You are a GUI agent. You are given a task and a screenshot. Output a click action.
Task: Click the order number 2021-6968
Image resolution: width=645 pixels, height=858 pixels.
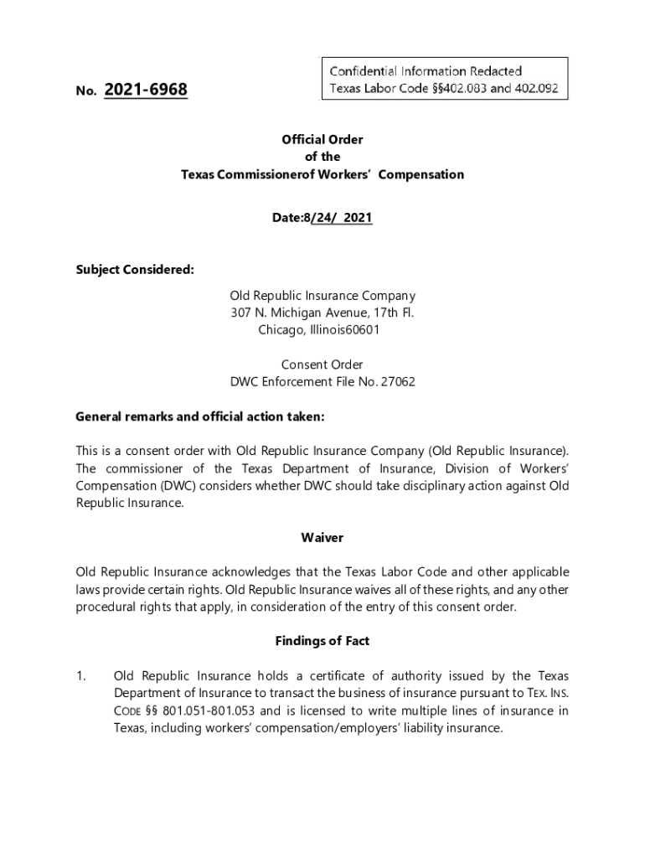point(146,90)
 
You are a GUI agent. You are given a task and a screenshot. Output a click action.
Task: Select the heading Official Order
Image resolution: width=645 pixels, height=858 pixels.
point(322,140)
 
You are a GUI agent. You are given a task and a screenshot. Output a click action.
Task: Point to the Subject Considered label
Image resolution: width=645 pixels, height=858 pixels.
point(135,269)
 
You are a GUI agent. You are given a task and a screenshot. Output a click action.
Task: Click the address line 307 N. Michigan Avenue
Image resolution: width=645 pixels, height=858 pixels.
point(322,313)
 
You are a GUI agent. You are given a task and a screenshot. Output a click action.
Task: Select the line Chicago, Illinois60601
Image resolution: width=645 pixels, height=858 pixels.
point(322,329)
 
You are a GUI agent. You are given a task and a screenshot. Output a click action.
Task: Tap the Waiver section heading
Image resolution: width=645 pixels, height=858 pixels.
point(322,537)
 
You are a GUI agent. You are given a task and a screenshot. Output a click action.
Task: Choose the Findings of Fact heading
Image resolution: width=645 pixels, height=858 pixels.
point(322,641)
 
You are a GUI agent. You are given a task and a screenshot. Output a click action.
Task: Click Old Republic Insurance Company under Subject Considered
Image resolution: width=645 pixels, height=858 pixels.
point(322,296)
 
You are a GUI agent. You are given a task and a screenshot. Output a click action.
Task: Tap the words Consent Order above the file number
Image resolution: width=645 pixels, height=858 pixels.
point(322,364)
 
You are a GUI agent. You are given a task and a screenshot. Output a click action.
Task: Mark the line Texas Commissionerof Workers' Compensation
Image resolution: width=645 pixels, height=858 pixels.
point(322,174)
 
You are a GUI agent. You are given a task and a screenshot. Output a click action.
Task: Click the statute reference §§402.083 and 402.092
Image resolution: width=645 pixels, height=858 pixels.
point(490,88)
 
